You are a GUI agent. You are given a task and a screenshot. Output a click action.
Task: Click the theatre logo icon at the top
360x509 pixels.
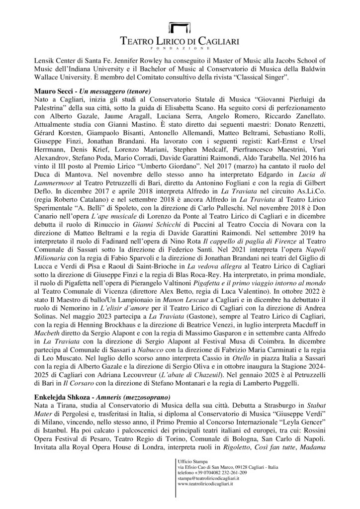180,27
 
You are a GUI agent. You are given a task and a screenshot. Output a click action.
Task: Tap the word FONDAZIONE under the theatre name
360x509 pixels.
180,49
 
